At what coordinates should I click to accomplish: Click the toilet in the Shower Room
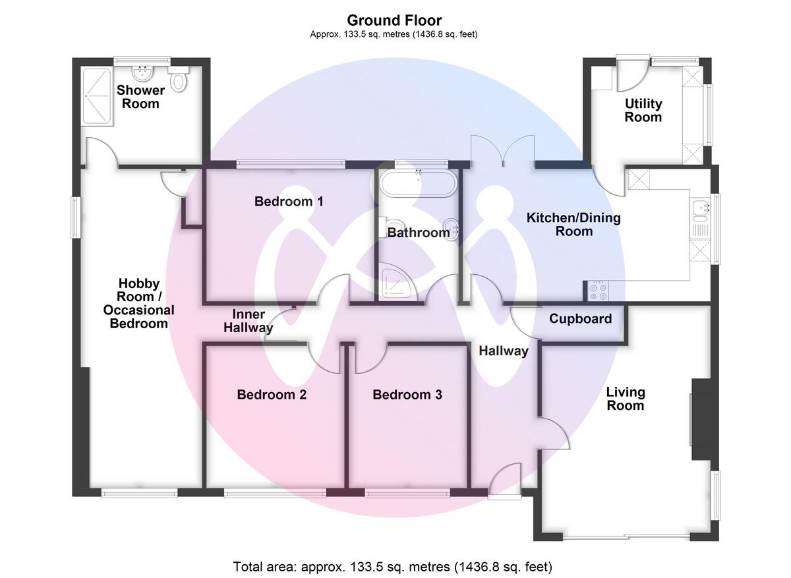tap(179, 78)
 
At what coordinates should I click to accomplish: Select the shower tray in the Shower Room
tap(97, 96)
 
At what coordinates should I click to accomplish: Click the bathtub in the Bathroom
tap(419, 183)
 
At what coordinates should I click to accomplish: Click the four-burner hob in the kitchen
tap(599, 291)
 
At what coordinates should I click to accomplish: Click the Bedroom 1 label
tap(289, 201)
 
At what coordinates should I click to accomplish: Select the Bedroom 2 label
tap(272, 394)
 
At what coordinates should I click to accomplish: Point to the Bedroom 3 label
tap(407, 394)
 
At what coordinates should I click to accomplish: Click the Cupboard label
tap(580, 318)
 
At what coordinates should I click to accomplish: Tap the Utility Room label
tap(643, 110)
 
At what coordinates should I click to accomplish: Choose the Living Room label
tap(626, 399)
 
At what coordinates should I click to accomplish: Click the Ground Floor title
tap(394, 20)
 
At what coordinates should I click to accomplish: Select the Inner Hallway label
tap(249, 320)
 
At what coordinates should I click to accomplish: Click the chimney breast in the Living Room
tap(705, 419)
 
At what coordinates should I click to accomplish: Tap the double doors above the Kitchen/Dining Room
tap(502, 151)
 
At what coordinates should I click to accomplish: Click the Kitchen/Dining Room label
tap(573, 224)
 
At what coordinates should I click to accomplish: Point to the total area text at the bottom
tap(393, 567)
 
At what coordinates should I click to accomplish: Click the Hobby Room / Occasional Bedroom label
tap(139, 303)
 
